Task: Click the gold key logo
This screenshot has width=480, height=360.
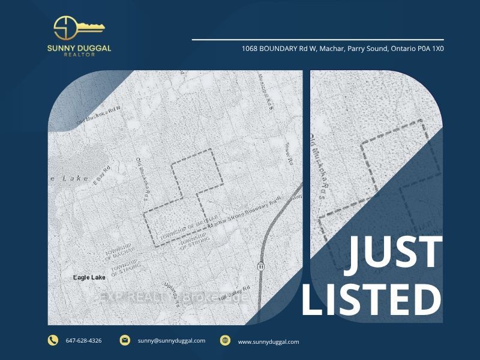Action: (x=79, y=28)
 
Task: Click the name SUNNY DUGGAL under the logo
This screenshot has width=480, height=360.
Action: (x=79, y=48)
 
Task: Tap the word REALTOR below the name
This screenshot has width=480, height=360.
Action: (x=79, y=55)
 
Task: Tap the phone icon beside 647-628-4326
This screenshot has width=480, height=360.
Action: (x=53, y=340)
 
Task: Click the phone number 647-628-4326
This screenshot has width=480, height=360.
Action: (x=83, y=341)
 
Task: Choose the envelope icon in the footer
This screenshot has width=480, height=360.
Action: (x=125, y=340)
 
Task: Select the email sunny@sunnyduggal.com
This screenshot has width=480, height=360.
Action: (x=171, y=341)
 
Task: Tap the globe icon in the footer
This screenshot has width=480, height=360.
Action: (x=225, y=340)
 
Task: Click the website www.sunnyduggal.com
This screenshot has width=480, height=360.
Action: (x=268, y=341)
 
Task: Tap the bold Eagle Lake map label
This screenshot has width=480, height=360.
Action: (x=89, y=278)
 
